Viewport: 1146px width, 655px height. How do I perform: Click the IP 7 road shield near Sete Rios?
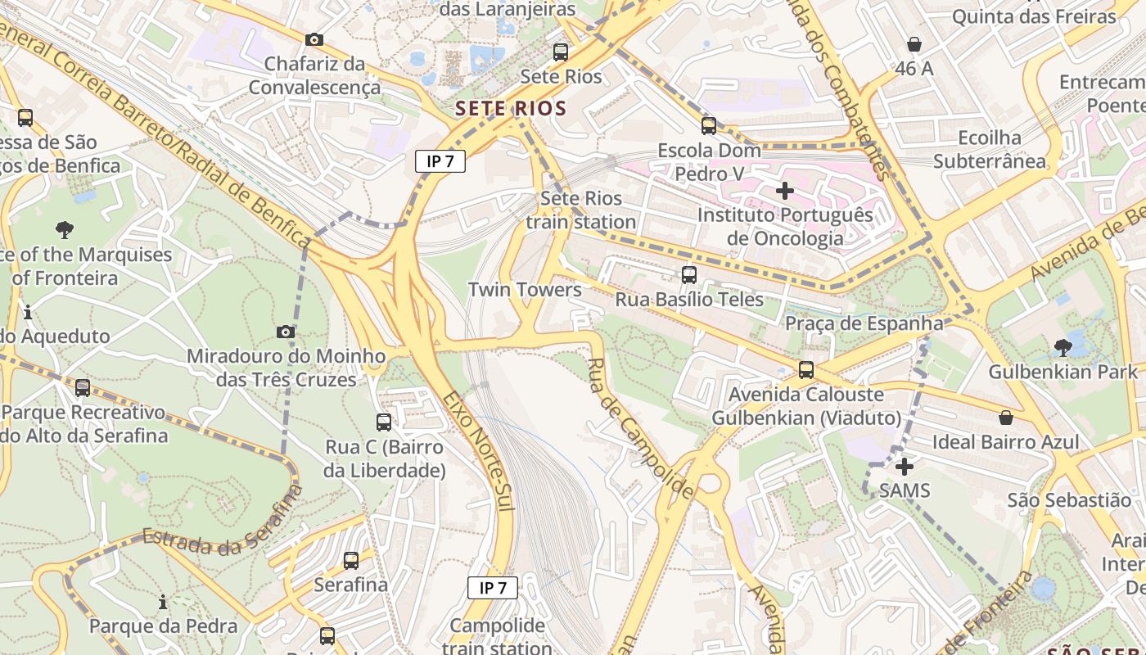tap(440, 161)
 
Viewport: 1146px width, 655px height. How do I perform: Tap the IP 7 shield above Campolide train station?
tap(493, 587)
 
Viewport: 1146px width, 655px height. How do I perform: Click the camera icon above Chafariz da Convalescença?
tap(314, 39)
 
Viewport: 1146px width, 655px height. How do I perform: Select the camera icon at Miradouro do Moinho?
tap(286, 332)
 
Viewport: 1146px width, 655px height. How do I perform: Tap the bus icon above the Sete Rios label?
tap(561, 52)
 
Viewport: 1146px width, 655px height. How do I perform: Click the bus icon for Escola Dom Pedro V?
tap(709, 125)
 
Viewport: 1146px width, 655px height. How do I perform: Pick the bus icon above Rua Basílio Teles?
tap(689, 274)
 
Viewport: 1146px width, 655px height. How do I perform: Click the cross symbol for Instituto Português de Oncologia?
tap(784, 191)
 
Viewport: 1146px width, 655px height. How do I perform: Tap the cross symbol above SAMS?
tap(905, 467)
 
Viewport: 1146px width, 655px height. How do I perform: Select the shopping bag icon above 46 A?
tap(914, 44)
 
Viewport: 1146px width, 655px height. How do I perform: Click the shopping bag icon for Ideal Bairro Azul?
tap(1006, 418)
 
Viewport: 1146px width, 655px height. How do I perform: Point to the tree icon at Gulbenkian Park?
tap(1063, 347)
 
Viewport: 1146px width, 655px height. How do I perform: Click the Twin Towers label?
tap(525, 290)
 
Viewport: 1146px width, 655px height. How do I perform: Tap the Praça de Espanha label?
tap(864, 323)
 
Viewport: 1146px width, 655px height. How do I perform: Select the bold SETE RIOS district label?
tap(511, 108)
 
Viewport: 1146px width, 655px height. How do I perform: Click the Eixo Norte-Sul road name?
tap(479, 450)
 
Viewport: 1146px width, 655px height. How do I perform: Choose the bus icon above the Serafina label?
tap(351, 561)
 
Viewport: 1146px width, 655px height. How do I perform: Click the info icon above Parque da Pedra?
tap(163, 603)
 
